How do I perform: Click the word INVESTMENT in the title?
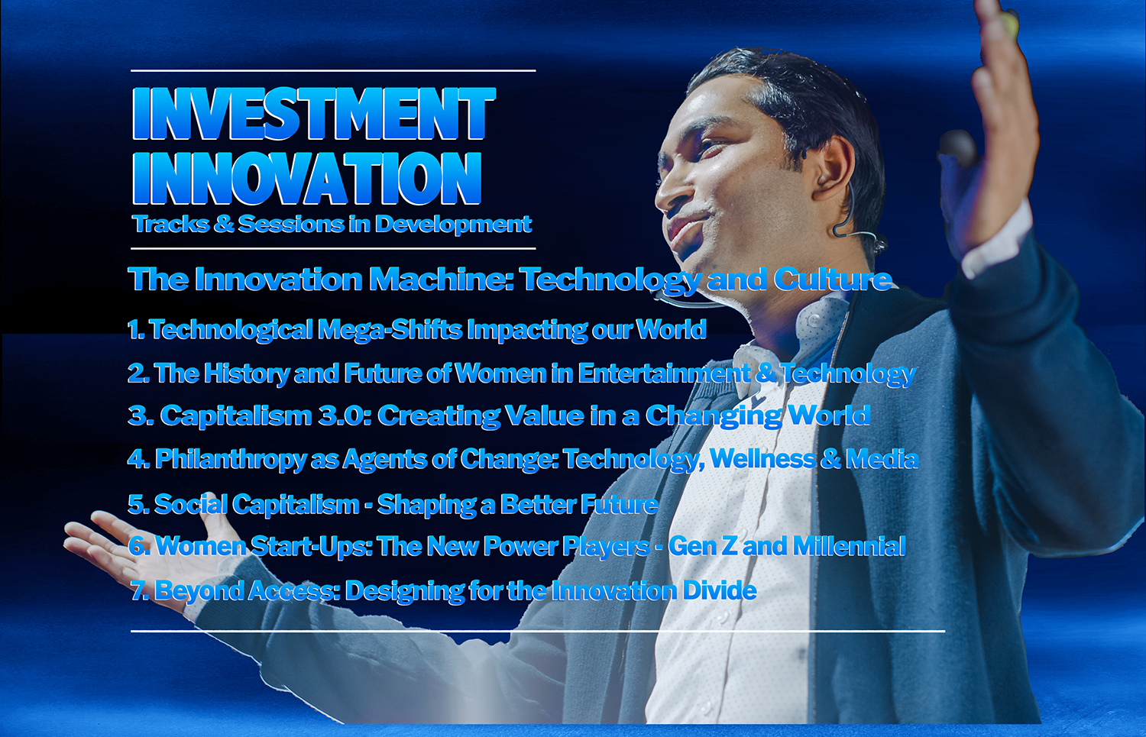click(x=313, y=113)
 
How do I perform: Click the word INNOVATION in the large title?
click(x=307, y=177)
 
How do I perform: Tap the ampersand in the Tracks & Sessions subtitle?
click(x=224, y=224)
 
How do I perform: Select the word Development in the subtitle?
click(x=453, y=225)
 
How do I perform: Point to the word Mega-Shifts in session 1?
click(x=390, y=329)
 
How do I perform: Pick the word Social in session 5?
click(x=190, y=504)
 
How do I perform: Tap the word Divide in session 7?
click(x=720, y=590)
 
